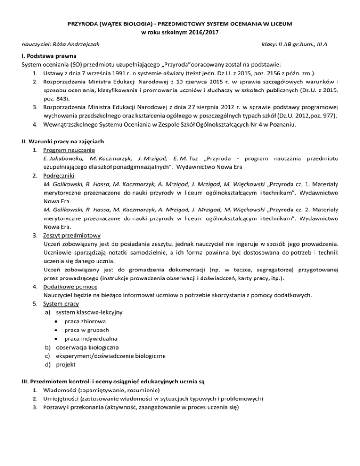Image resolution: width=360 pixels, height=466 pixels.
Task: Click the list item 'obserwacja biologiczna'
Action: [89, 347]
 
